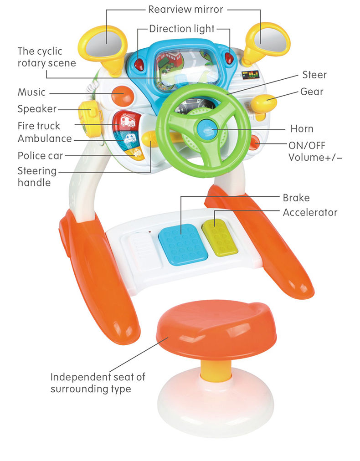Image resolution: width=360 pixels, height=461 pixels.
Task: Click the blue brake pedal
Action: [182, 246]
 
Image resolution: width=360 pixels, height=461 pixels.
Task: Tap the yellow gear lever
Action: [264, 103]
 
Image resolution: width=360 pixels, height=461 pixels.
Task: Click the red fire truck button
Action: [127, 121]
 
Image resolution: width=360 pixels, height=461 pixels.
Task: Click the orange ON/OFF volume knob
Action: [254, 143]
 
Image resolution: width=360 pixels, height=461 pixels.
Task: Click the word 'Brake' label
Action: [296, 198]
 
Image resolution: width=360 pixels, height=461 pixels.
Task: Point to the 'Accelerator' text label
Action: [310, 212]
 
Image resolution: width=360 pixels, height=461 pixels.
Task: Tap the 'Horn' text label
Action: [302, 129]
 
